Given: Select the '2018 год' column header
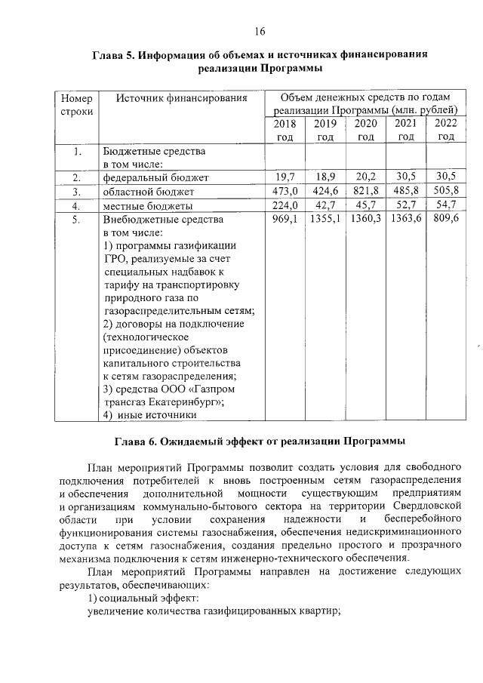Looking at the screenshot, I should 285,130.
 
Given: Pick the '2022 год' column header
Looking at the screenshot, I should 446,130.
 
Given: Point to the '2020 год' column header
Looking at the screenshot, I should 366,130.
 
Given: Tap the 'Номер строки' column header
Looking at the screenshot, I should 76,105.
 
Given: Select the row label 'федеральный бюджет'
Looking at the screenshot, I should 155,177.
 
